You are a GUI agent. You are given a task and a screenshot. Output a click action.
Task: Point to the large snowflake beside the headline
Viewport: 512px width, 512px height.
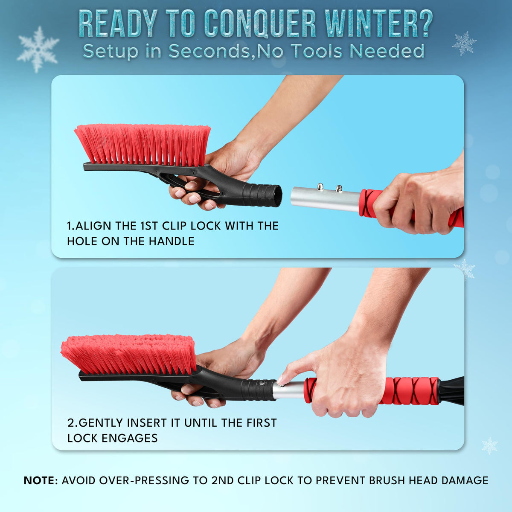pos(38,49)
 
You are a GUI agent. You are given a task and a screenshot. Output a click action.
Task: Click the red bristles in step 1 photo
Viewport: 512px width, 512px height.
pos(143,143)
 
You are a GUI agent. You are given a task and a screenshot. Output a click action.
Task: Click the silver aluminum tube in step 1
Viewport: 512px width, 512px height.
pos(326,199)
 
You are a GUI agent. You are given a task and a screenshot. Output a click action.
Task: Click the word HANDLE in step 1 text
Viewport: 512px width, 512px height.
pos(172,241)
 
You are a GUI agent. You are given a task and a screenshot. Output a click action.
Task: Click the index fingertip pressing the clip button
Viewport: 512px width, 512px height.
pos(280,379)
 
